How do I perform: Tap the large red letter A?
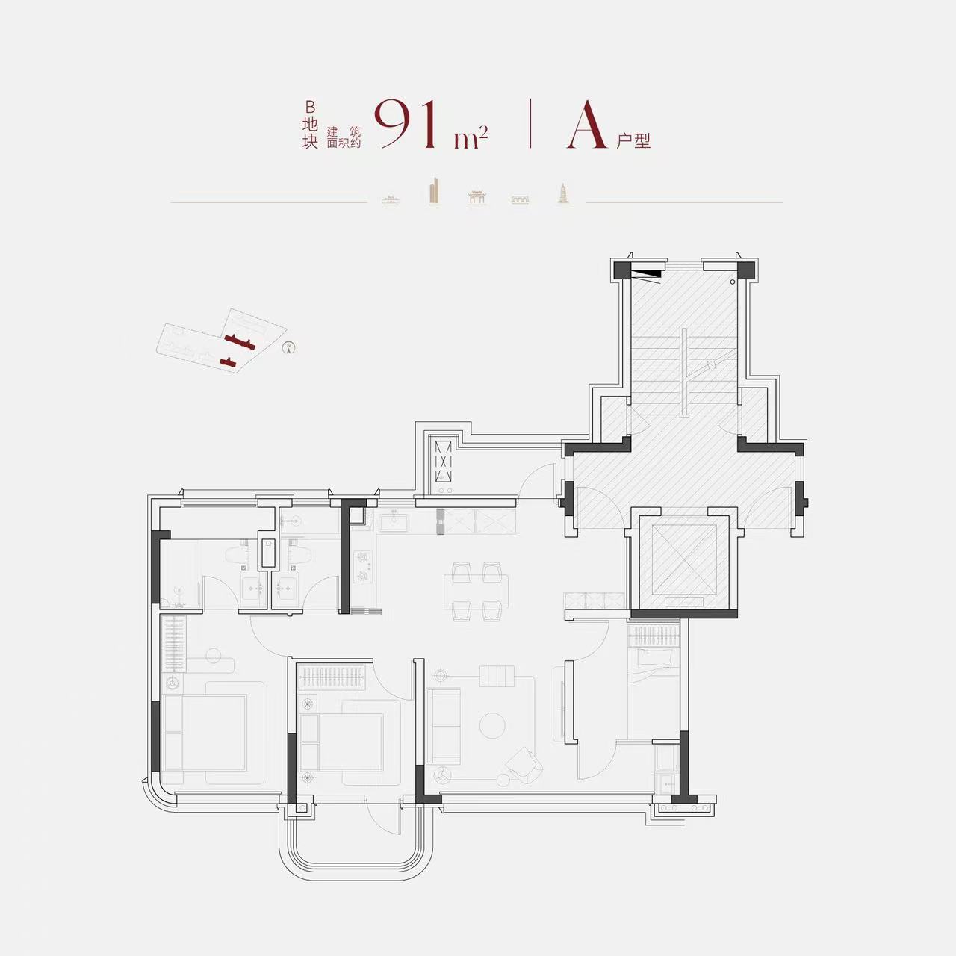point(587,124)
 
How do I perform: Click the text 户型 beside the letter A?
point(633,141)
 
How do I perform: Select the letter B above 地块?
point(310,107)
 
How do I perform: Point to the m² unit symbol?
point(471,137)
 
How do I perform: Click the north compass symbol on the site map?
point(288,348)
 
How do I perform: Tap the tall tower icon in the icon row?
point(434,190)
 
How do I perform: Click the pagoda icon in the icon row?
point(564,194)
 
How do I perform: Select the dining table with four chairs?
point(476,592)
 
